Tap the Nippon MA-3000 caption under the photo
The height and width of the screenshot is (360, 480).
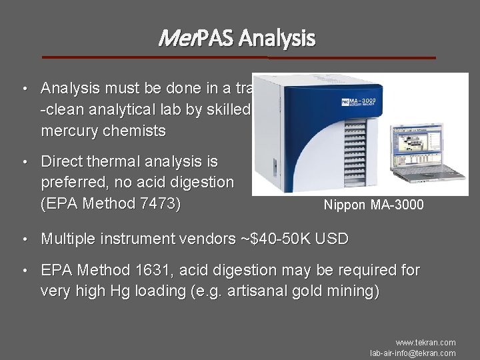click(x=373, y=205)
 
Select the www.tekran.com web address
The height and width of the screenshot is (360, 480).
click(x=425, y=343)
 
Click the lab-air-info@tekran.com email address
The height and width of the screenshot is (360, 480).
click(x=413, y=353)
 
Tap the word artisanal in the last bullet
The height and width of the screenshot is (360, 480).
click(x=244, y=291)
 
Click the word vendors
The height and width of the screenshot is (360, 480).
click(x=205, y=239)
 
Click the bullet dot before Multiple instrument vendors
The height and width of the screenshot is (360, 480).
click(x=24, y=239)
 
